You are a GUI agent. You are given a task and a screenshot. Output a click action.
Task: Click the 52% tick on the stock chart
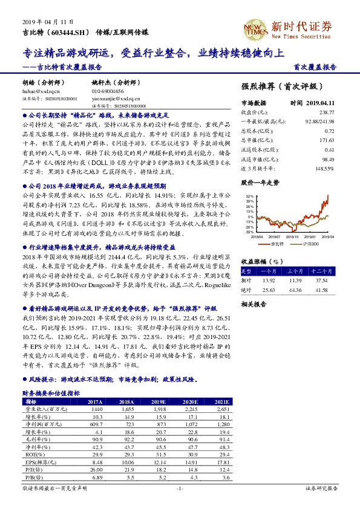pyautogui.click(x=249, y=196)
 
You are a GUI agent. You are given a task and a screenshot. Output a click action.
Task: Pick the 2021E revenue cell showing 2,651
pyautogui.click(x=222, y=409)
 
